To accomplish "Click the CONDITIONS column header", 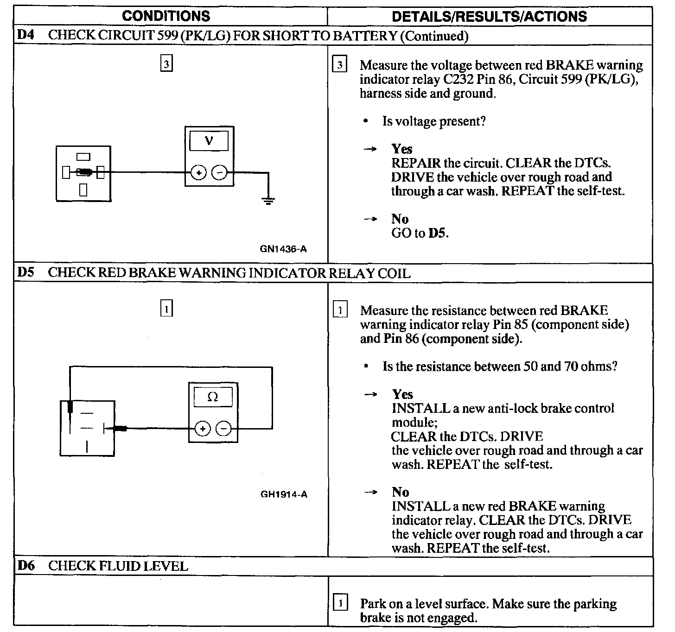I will pyautogui.click(x=166, y=16).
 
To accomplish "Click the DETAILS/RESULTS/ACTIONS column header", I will pyautogui.click(x=489, y=17).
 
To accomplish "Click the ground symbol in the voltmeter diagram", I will pyautogui.click(x=267, y=201).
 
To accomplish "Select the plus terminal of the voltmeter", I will pyautogui.click(x=198, y=173).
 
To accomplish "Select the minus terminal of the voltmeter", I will pyautogui.click(x=219, y=173).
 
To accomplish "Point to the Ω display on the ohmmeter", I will pyautogui.click(x=213, y=397).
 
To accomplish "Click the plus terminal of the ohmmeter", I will pyautogui.click(x=202, y=429).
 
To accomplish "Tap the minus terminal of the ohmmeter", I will pyautogui.click(x=224, y=429).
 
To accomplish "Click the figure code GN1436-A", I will pyautogui.click(x=283, y=249).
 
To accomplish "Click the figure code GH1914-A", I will pyautogui.click(x=284, y=494).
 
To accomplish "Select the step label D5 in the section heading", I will pyautogui.click(x=26, y=272).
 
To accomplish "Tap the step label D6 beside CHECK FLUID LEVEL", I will pyautogui.click(x=26, y=566).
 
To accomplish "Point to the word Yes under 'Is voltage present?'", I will pyautogui.click(x=401, y=149).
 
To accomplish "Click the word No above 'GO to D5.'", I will pyautogui.click(x=400, y=219).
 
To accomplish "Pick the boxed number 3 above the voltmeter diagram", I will pyautogui.click(x=166, y=63).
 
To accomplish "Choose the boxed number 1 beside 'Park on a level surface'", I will pyautogui.click(x=341, y=603).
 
